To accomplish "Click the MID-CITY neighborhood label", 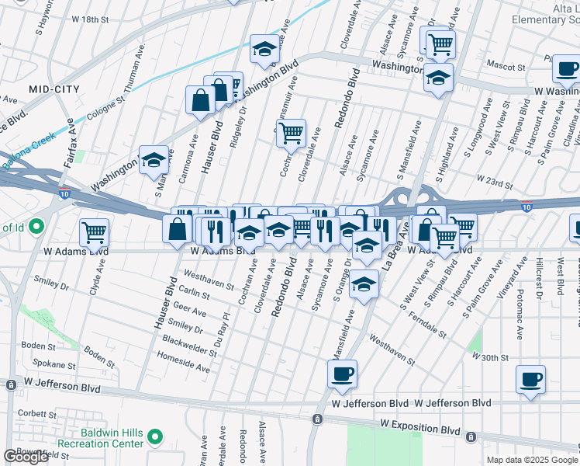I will tap(54, 90).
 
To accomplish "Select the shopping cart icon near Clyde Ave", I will tap(94, 231).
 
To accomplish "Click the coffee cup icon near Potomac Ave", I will tap(530, 380).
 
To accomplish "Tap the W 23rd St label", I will tap(495, 183).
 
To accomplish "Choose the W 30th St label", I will tap(490, 357).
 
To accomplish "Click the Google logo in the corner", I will tap(26, 457).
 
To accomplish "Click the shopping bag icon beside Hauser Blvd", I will tap(200, 100).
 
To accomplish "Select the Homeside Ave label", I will tap(184, 363).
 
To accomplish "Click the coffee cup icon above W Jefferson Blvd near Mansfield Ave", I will tap(342, 374).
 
